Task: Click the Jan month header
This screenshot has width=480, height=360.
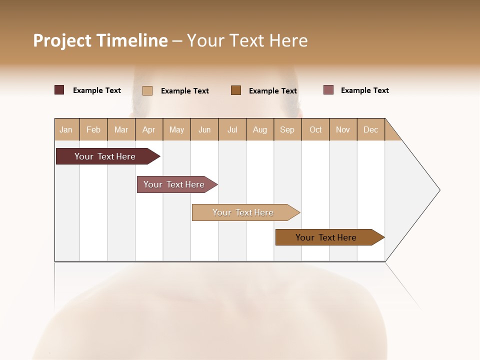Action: pyautogui.click(x=66, y=129)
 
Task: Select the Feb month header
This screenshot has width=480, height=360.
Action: pyautogui.click(x=93, y=129)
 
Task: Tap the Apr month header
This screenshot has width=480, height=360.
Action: pyautogui.click(x=149, y=129)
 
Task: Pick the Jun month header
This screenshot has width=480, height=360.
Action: pyautogui.click(x=204, y=129)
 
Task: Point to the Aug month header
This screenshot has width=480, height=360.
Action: pyautogui.click(x=260, y=129)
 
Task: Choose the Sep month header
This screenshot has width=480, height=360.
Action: pyautogui.click(x=287, y=129)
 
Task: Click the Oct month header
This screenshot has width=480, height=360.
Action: pyautogui.click(x=315, y=129)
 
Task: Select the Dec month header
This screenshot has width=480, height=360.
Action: pyautogui.click(x=371, y=129)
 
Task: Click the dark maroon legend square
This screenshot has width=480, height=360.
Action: pyautogui.click(x=59, y=90)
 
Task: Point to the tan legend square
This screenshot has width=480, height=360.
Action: pyautogui.click(x=147, y=90)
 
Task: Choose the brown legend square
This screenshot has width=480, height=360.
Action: pyautogui.click(x=236, y=90)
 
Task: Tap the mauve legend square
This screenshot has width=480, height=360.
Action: pyautogui.click(x=328, y=90)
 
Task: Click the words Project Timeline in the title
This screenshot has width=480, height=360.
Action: pyautogui.click(x=100, y=40)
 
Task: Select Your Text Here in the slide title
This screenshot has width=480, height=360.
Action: pyautogui.click(x=247, y=40)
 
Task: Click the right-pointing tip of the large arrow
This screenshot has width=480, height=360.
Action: pyautogui.click(x=438, y=190)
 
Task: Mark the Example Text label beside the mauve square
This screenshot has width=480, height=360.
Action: pyautogui.click(x=365, y=90)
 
